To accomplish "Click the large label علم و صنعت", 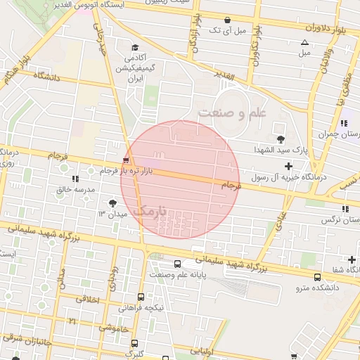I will (x=234, y=112).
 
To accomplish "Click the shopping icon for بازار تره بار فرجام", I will (x=126, y=160).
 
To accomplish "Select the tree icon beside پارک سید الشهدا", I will (x=281, y=139).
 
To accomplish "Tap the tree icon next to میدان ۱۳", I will (x=113, y=203).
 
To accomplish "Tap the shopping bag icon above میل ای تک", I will (x=227, y=20).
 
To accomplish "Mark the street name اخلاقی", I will (x=88, y=299).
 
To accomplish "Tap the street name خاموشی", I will (x=112, y=328).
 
